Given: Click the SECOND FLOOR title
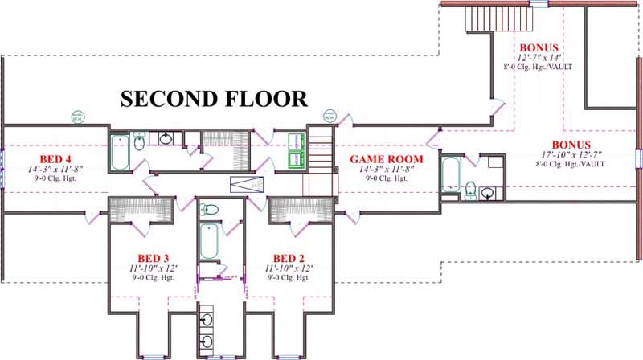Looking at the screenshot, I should coord(214,99).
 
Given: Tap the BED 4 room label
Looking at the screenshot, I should coord(39,158).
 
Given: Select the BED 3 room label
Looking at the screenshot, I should coord(141,257).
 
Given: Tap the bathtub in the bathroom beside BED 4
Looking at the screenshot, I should coord(119,153).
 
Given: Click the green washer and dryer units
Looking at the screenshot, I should coord(296,150).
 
